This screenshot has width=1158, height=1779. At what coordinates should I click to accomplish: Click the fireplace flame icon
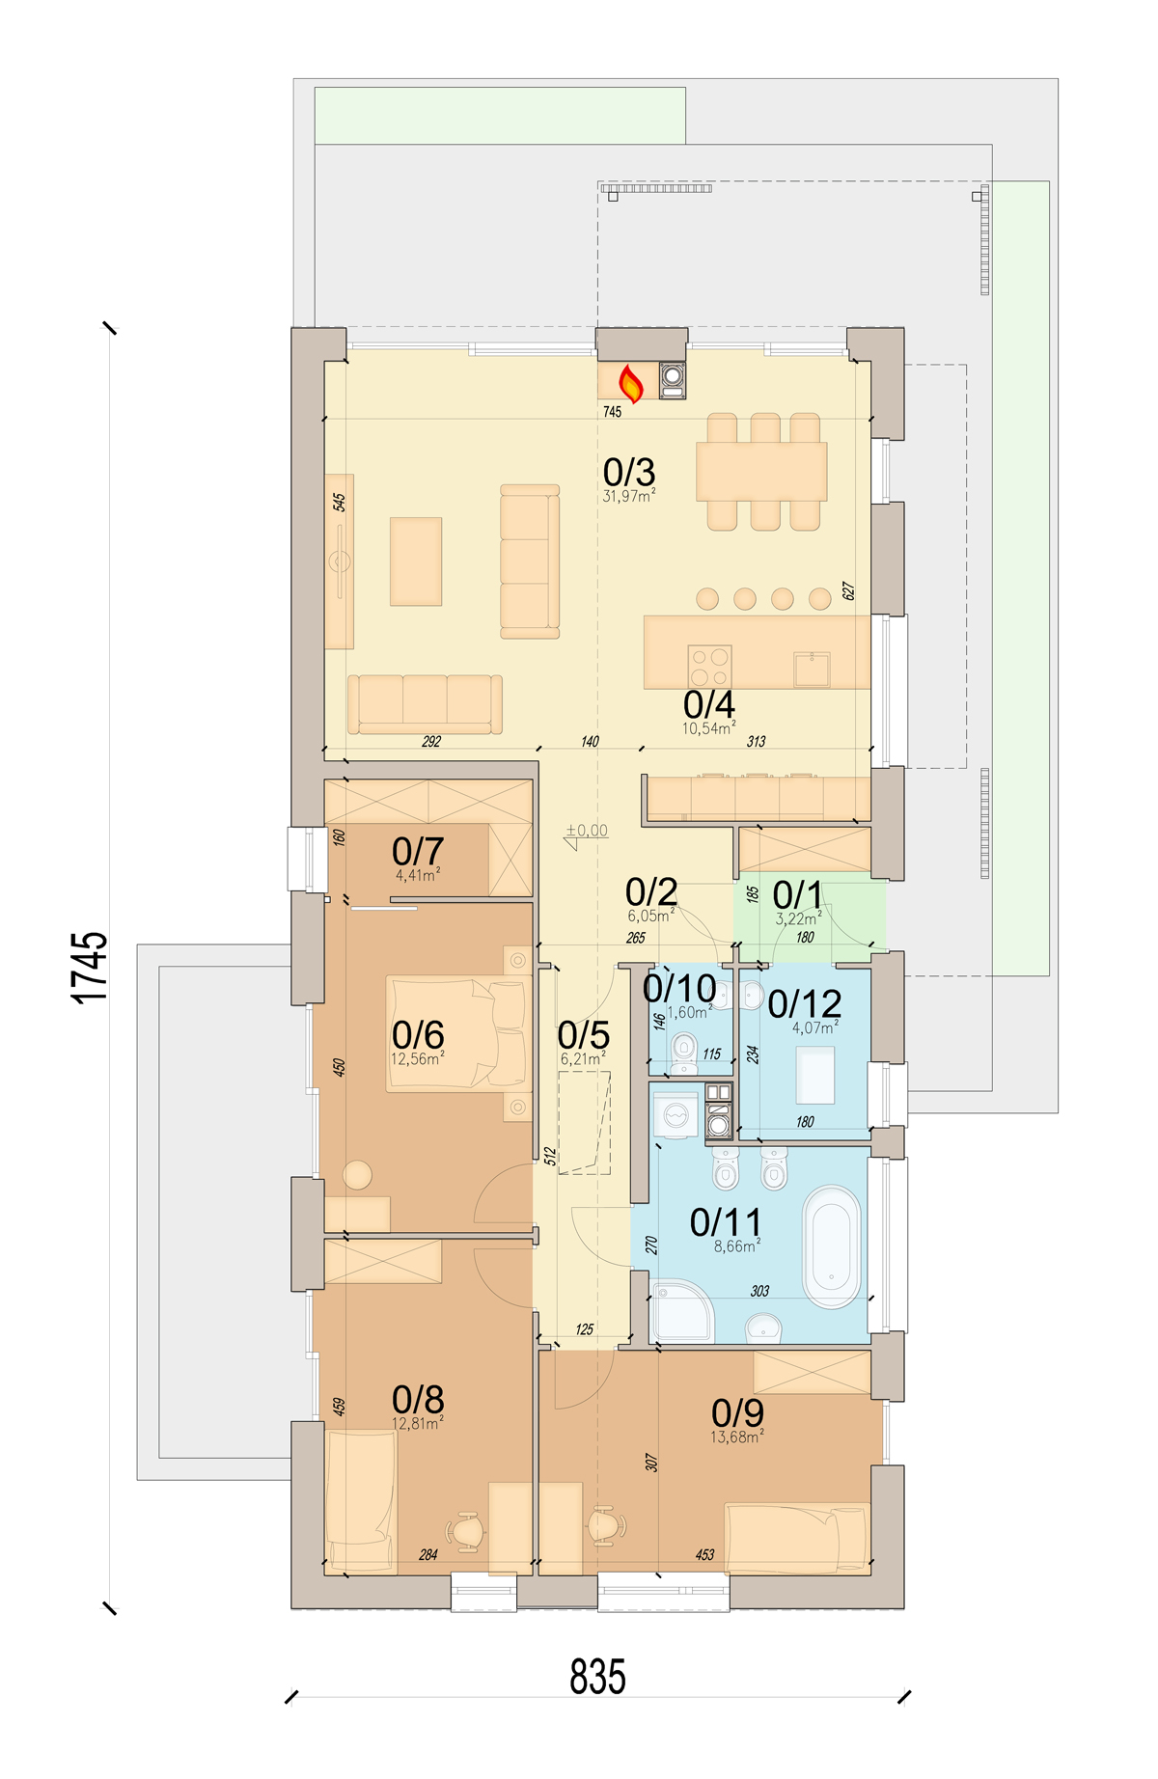(x=630, y=383)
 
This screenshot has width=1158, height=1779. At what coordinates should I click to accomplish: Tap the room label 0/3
(x=629, y=472)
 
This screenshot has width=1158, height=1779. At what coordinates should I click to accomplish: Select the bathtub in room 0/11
(x=832, y=1246)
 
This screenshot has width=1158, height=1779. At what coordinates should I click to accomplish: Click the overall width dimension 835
(x=597, y=1676)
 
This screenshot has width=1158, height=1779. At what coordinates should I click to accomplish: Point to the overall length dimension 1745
(x=90, y=968)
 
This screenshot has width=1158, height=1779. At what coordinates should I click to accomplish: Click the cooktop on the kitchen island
(x=709, y=666)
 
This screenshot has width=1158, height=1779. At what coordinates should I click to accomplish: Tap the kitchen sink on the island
(x=812, y=669)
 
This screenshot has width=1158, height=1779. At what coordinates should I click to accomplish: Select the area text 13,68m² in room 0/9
(x=737, y=1437)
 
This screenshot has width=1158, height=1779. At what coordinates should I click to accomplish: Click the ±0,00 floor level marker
(x=587, y=830)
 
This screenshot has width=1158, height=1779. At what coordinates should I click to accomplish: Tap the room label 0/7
(x=418, y=851)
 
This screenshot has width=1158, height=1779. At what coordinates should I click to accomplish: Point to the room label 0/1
(x=798, y=895)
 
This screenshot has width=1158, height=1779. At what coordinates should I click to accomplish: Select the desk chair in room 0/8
(x=468, y=1529)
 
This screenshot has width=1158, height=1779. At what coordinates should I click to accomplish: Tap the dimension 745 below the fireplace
(x=613, y=412)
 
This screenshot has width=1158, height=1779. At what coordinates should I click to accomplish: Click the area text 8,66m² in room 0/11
(x=737, y=1246)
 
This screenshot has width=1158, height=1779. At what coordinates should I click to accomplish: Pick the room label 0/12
(x=805, y=1003)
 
